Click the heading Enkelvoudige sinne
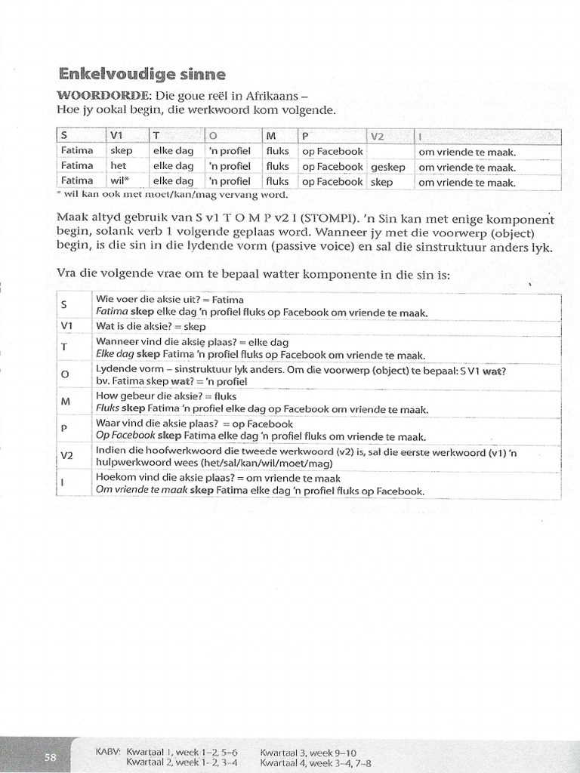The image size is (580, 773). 141,75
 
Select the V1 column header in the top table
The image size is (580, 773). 116,136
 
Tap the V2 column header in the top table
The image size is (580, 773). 378,136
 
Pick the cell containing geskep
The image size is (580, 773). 388,167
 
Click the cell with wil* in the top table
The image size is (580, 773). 120,182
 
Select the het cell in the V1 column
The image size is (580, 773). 118,166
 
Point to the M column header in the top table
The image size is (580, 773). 270,136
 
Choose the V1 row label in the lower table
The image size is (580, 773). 66,326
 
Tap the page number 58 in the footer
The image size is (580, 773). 50,758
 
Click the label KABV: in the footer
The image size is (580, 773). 109,752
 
